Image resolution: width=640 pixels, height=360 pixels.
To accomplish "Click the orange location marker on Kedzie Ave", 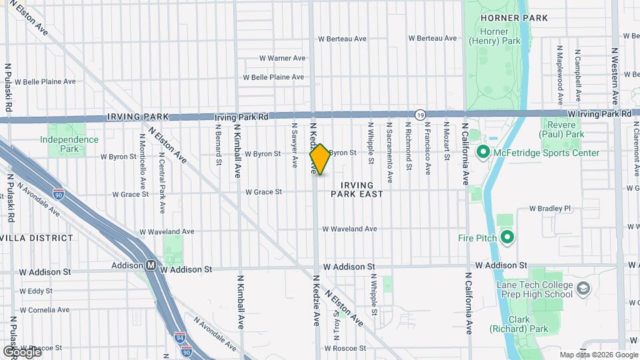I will (x=320, y=159).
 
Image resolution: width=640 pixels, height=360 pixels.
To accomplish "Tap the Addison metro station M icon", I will (x=151, y=265).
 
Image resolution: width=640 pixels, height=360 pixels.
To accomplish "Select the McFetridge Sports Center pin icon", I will (x=484, y=153).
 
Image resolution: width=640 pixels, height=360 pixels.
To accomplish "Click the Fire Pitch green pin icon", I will (x=507, y=237).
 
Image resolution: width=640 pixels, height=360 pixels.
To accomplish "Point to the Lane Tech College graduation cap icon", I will (x=583, y=289).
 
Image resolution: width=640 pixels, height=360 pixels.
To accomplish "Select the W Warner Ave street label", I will (x=281, y=58).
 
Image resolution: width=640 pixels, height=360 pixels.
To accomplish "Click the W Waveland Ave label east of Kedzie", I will (x=349, y=229).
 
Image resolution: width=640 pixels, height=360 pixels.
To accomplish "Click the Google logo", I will (x=21, y=351).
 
